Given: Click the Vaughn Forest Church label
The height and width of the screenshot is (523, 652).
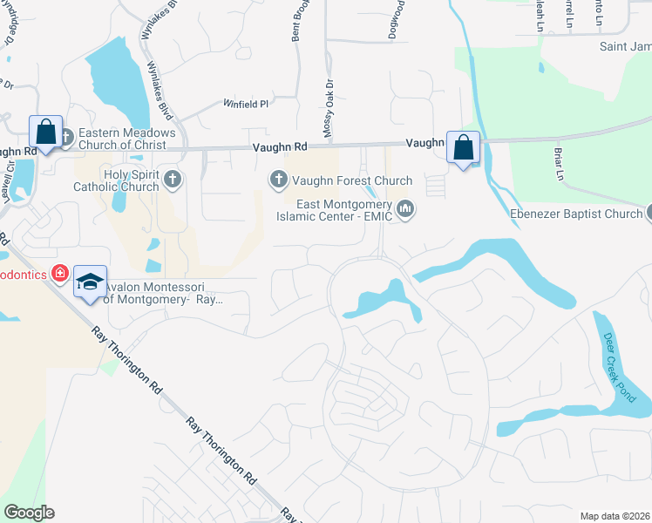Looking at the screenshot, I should point(351,181).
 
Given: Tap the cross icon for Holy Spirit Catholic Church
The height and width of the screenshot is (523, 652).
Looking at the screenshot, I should point(173,180).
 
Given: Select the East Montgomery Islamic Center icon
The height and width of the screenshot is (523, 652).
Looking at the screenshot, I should point(405,209).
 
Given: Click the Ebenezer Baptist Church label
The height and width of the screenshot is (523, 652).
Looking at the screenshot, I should point(575,214).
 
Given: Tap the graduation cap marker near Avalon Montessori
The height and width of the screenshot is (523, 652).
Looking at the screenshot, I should point(90,282).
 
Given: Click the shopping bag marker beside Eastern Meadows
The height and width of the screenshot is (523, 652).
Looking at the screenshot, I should point(45,133).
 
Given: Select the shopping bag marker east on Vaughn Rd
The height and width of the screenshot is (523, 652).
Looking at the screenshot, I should point(463,147).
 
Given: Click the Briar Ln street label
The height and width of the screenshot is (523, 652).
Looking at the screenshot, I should point(557,166).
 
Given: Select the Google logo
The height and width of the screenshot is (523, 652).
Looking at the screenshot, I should point(29,513).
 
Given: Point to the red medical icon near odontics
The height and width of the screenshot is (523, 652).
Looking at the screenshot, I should point(59,274).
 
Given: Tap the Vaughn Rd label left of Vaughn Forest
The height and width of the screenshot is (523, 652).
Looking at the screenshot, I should point(281,148).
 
